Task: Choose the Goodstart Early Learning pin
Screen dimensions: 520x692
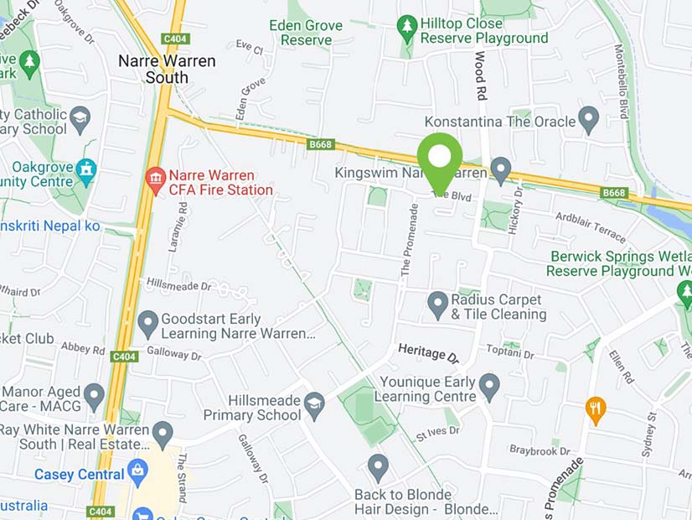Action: click(x=148, y=322)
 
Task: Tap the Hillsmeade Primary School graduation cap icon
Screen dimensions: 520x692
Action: click(x=314, y=403)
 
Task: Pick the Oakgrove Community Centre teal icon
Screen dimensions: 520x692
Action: click(x=86, y=170)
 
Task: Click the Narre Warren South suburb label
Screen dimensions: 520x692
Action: click(x=167, y=70)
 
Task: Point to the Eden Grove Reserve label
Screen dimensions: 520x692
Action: click(x=306, y=33)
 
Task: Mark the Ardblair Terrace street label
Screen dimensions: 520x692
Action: click(x=591, y=227)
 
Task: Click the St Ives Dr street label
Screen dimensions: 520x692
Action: click(x=438, y=433)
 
